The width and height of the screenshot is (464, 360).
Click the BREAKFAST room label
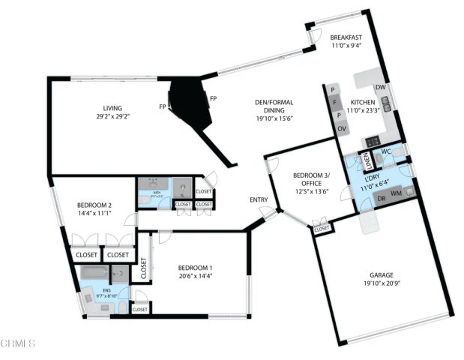click(x=346, y=37)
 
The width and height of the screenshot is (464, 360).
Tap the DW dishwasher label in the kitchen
click(x=381, y=88)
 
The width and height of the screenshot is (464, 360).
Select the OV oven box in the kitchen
click(x=341, y=129)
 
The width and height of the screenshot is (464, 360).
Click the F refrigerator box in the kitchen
click(x=337, y=101)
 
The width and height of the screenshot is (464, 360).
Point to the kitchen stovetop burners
click(x=372, y=140)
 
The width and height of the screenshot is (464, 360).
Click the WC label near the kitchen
click(x=386, y=151)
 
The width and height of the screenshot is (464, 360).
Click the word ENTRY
click(x=259, y=199)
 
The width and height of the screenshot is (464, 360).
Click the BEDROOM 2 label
click(x=94, y=205)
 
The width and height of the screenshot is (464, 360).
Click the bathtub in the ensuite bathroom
click(x=96, y=274)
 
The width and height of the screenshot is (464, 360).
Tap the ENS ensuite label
click(x=95, y=288)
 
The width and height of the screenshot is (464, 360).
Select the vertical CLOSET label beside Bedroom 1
click(x=143, y=267)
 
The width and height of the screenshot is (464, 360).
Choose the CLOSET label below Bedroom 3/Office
click(x=322, y=228)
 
